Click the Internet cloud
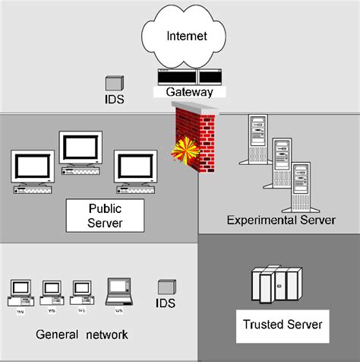185,36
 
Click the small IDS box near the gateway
113,84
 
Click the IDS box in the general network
166,287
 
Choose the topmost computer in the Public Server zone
81,151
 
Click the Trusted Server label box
283,325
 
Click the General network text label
82,335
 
